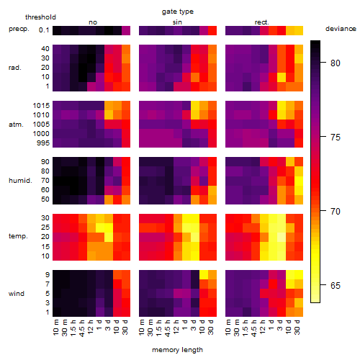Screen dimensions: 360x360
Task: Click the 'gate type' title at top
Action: [178, 12]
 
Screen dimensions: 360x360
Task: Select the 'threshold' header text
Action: [40, 17]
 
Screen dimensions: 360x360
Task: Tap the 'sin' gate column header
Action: [177, 22]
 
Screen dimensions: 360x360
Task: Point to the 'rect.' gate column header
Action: [261, 22]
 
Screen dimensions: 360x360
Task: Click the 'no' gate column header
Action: [93, 22]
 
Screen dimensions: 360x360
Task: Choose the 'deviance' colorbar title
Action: [341, 29]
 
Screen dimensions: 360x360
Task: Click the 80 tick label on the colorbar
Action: [336, 63]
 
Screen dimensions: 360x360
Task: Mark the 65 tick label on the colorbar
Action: [336, 286]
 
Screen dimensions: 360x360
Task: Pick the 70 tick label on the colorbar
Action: [336, 212]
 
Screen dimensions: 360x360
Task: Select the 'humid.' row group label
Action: [20, 181]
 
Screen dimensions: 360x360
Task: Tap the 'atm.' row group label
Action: [16, 125]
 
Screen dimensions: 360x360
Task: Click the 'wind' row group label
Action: [17, 294]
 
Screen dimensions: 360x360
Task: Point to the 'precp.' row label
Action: [19, 29]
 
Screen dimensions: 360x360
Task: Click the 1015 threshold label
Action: [41, 106]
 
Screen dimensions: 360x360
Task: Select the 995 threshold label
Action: [43, 143]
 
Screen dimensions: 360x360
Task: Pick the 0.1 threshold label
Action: [44, 30]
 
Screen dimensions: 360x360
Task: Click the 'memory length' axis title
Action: [177, 350]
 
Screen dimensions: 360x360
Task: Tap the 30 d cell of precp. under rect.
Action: [299, 31]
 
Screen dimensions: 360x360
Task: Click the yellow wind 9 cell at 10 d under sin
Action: [204, 275]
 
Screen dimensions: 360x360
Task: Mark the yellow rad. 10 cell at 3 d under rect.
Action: [282, 77]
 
